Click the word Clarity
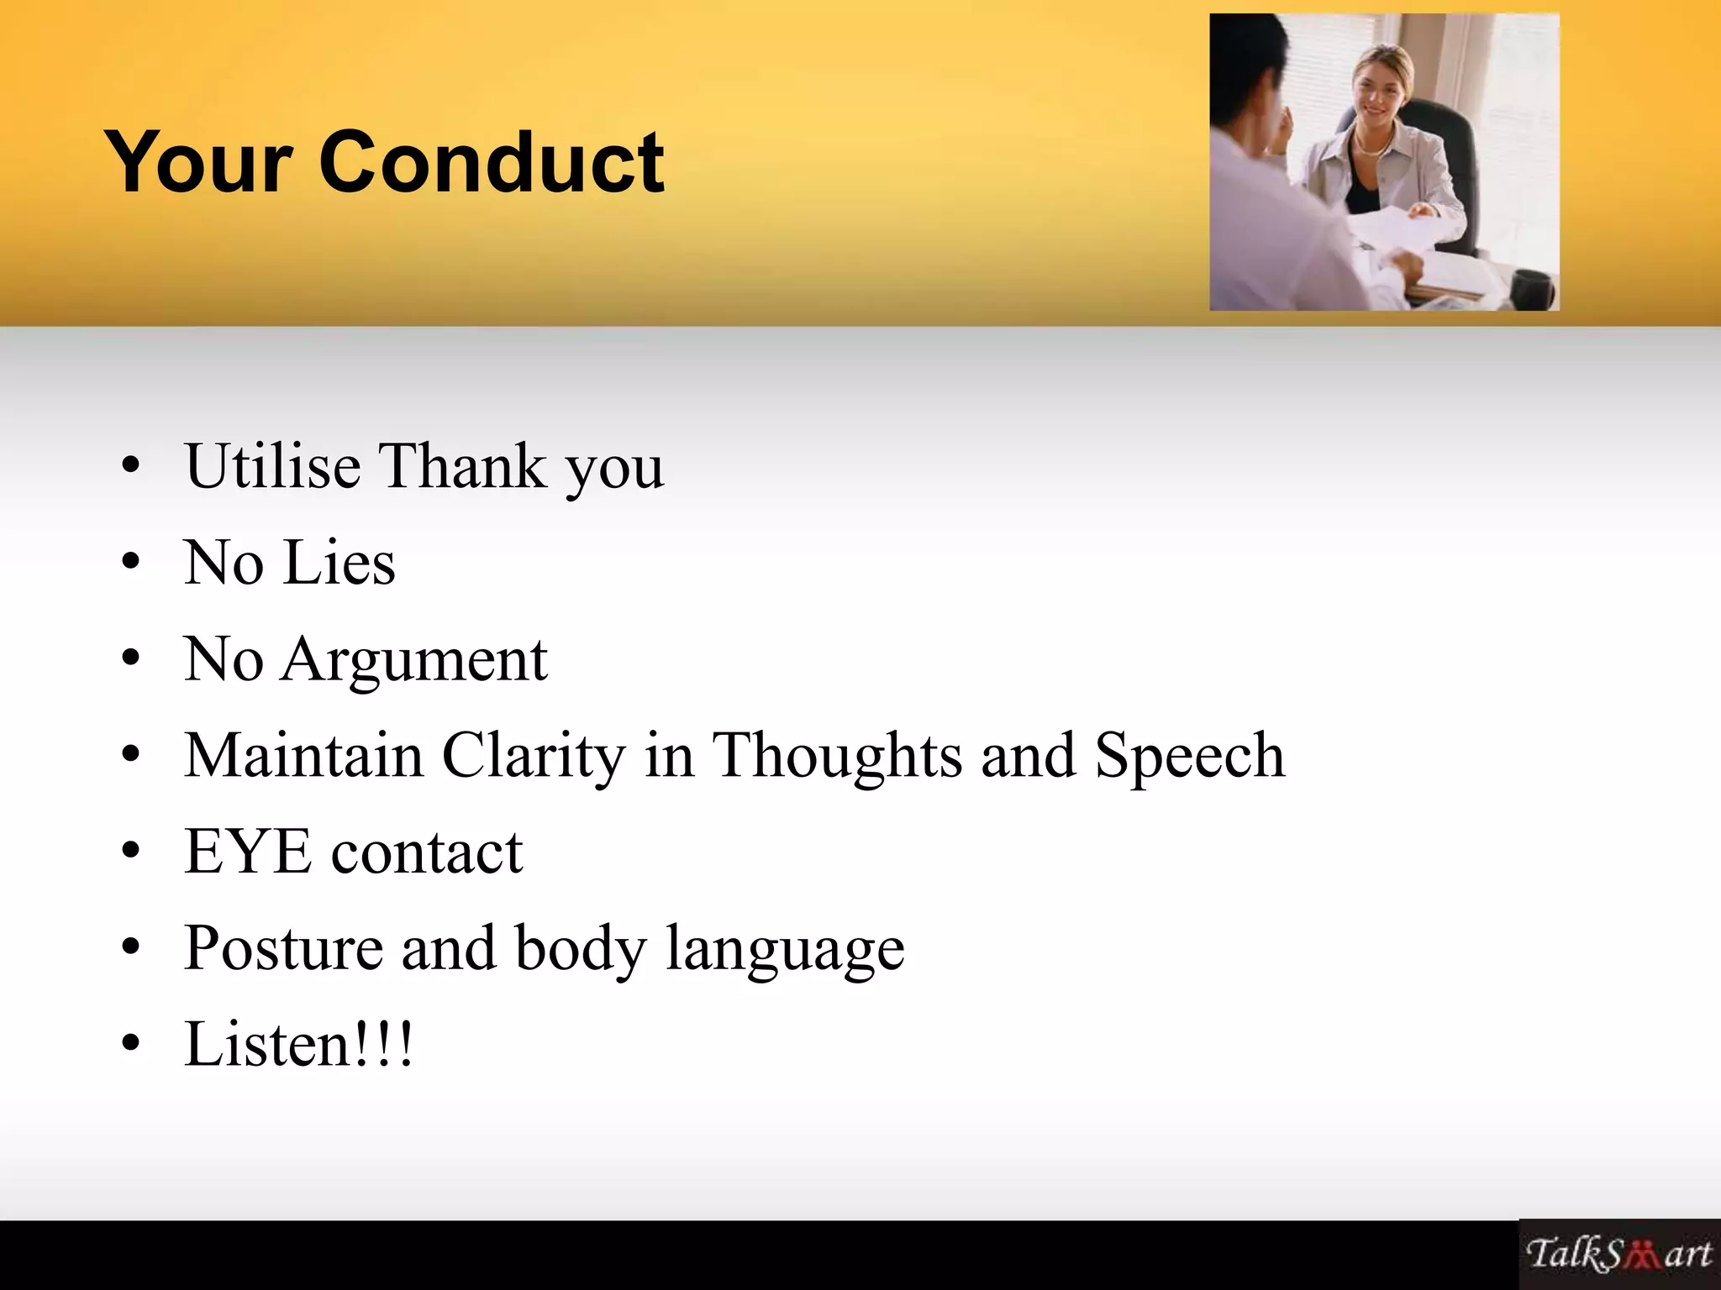pos(534,755)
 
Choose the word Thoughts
pos(837,755)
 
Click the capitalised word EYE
pos(248,852)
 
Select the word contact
pos(427,852)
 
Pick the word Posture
pos(283,948)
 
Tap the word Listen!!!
pos(299,1044)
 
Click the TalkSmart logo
pos(1618,1254)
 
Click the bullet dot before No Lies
pos(130,563)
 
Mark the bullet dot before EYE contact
pos(130,852)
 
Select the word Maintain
pos(303,755)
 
